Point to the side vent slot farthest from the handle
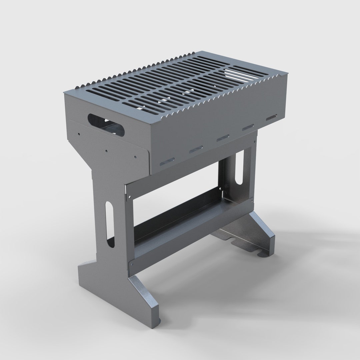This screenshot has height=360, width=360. pyautogui.click(x=271, y=118)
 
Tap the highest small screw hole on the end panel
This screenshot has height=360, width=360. pyautogui.click(x=79, y=134)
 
